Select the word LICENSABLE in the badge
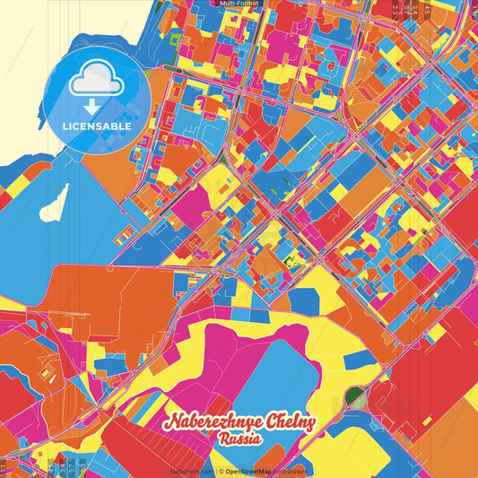(97, 126)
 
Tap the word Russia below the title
(239, 439)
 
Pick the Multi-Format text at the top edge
(236, 4)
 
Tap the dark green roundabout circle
(356, 395)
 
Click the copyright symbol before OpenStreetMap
(221, 471)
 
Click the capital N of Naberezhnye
(169, 422)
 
